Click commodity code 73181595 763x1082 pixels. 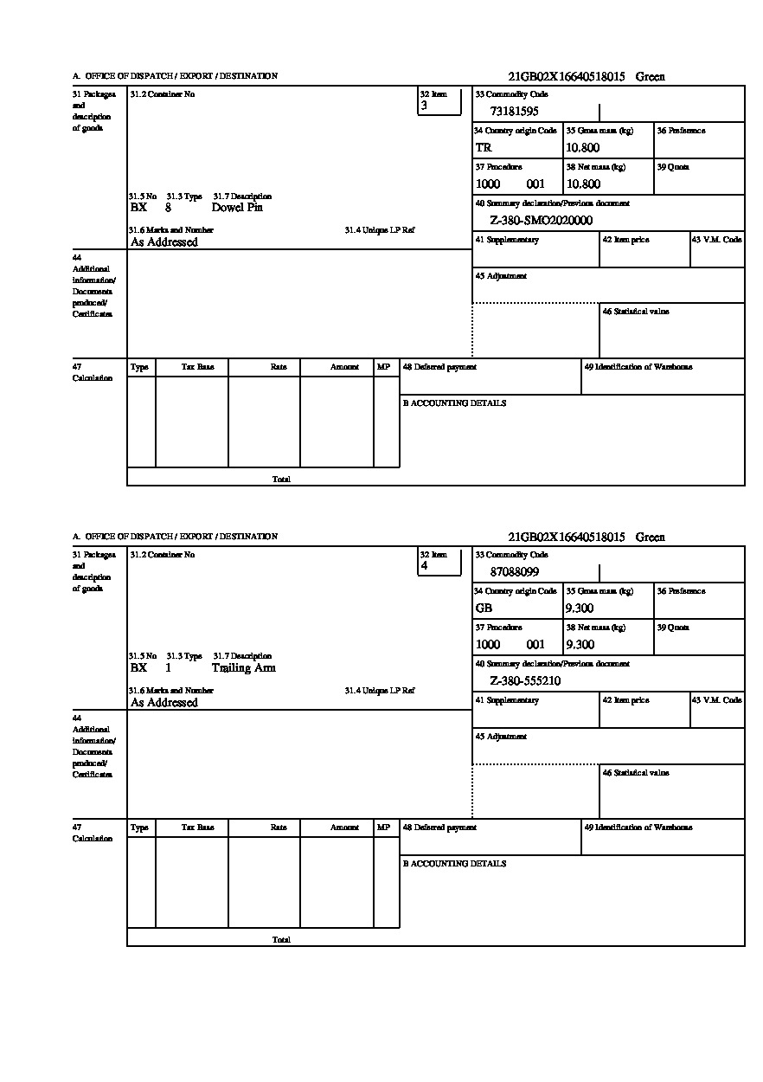[514, 111]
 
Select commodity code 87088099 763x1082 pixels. [514, 571]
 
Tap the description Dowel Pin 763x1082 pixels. [237, 208]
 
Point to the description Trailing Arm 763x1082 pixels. [243, 668]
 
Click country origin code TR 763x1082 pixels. [484, 148]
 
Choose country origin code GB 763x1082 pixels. [484, 609]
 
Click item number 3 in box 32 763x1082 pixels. [424, 106]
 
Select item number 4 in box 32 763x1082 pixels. [424, 566]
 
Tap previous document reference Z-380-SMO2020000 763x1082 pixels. [541, 221]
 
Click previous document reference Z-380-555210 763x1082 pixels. [525, 681]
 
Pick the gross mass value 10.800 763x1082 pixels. [582, 148]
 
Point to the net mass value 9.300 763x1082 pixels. [580, 645]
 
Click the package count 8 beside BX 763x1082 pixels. [168, 208]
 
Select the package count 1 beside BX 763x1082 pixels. [168, 668]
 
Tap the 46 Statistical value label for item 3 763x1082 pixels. [636, 312]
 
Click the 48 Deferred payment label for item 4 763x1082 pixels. [439, 828]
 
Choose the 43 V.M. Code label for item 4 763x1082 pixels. [716, 700]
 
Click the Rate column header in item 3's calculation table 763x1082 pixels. [279, 367]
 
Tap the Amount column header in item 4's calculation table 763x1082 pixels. [344, 828]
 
